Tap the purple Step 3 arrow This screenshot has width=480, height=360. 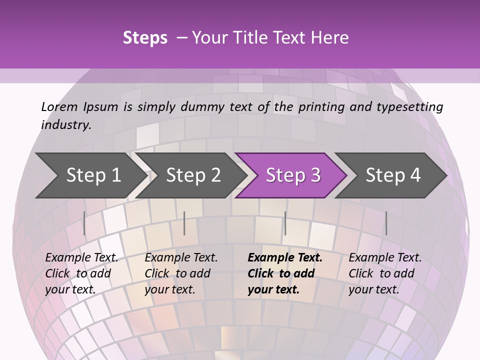pos(293,175)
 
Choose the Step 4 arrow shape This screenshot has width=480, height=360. pos(393,175)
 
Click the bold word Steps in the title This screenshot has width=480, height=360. pos(145,38)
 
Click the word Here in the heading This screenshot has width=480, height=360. pos(330,38)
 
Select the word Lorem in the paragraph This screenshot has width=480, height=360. pos(59,107)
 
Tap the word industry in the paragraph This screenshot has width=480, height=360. pos(65,124)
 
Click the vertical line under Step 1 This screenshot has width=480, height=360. pos(84,223)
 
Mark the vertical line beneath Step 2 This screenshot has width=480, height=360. pos(184,223)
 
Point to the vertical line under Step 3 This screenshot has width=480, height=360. pos(285,223)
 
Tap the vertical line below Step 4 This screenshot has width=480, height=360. pos(386,223)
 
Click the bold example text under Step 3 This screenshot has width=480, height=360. pos(284,273)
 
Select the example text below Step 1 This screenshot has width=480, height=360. pos(81,273)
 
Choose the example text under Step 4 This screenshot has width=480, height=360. pos(384,273)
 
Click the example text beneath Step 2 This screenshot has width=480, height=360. pos(181,273)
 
